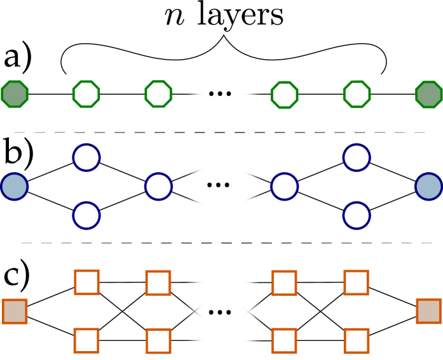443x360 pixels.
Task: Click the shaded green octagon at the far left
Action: pyautogui.click(x=15, y=94)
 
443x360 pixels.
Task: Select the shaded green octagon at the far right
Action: pyautogui.click(x=428, y=95)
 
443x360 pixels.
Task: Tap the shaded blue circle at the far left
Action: pyautogui.click(x=14, y=187)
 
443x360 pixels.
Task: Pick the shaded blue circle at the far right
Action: pyautogui.click(x=428, y=187)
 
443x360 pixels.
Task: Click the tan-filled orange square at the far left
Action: pyautogui.click(x=15, y=311)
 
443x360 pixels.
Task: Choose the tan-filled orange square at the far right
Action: pyautogui.click(x=428, y=311)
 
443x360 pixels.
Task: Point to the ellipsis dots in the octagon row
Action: pyautogui.click(x=220, y=94)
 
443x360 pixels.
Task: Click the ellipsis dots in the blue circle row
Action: pyautogui.click(x=218, y=185)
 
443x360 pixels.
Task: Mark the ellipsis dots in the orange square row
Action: pyautogui.click(x=220, y=312)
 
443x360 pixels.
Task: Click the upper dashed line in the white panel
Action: pyautogui.click(x=224, y=132)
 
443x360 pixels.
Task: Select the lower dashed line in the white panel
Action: pyautogui.click(x=224, y=243)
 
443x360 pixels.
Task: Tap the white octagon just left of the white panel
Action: pyautogui.click(x=158, y=94)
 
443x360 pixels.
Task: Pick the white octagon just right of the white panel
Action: pyautogui.click(x=284, y=95)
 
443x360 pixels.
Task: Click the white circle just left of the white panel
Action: pyautogui.click(x=158, y=187)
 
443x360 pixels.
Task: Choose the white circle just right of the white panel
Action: pyautogui.click(x=284, y=187)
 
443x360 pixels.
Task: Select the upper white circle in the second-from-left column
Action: pyautogui.click(x=86, y=157)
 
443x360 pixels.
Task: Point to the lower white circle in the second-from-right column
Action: pyautogui.click(x=357, y=215)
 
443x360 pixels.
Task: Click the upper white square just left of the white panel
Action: pyautogui.click(x=158, y=283)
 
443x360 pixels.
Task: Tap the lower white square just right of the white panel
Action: pyautogui.click(x=284, y=340)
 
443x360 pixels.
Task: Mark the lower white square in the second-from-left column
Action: pyautogui.click(x=86, y=340)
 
